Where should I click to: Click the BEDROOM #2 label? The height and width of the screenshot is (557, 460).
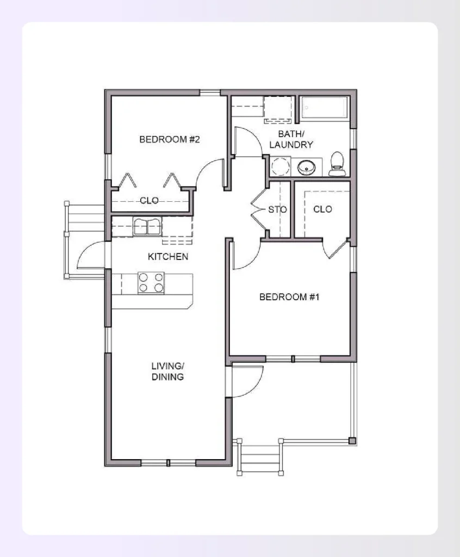pos(170,139)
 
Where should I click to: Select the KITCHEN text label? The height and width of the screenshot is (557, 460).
pos(168,256)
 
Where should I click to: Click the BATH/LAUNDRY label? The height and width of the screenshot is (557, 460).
pos(295,139)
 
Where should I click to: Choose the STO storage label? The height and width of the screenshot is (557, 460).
pos(277,209)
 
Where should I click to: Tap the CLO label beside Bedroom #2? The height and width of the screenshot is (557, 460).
pos(149,201)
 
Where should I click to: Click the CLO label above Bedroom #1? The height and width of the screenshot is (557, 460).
pos(322,209)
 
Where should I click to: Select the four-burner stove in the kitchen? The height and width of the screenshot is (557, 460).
pos(151,282)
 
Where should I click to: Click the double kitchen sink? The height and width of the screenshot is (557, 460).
pos(147,226)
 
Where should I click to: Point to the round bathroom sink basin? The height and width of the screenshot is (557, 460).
pos(307,168)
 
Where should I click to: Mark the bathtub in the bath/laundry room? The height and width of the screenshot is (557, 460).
pos(325,108)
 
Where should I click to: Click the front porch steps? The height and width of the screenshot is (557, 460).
pos(260,457)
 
